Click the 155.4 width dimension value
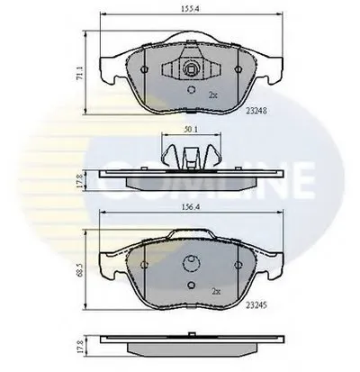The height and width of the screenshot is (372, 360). click(x=190, y=9)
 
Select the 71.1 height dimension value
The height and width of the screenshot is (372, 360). click(x=79, y=73)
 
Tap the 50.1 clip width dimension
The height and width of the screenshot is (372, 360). click(x=191, y=129)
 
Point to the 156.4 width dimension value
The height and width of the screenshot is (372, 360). click(x=191, y=207)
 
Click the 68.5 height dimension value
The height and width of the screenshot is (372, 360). click(x=79, y=270)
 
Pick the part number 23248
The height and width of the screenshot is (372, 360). click(x=256, y=111)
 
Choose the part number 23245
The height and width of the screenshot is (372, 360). click(x=256, y=305)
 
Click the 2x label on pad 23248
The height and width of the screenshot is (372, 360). click(x=212, y=95)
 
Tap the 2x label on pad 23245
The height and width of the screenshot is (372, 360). click(x=216, y=291)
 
